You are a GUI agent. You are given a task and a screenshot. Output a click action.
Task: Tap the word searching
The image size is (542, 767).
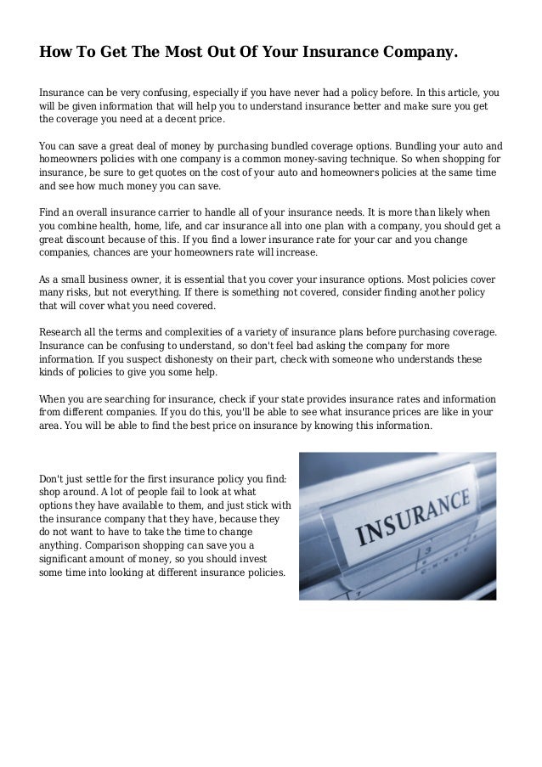click(133, 398)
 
